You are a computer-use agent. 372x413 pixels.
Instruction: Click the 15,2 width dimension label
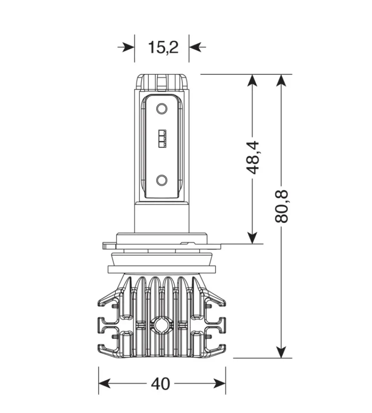click(163, 47)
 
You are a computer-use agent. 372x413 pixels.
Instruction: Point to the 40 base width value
click(160, 384)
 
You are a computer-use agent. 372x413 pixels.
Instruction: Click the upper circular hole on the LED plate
click(162, 109)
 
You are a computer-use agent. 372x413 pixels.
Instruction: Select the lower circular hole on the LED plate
click(162, 180)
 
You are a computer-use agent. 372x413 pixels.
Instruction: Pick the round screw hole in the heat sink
click(161, 325)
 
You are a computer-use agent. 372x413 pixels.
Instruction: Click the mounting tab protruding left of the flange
click(109, 246)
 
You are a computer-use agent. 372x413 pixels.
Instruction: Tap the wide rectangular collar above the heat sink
click(162, 269)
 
